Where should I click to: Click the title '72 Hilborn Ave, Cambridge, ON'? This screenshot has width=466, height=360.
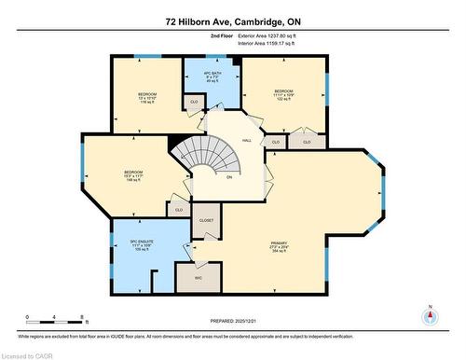[x=232, y=20]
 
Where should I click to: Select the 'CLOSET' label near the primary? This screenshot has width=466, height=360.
[x=207, y=220]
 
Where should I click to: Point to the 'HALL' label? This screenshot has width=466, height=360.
[x=247, y=141]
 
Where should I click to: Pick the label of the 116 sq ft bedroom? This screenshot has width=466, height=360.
[x=147, y=94]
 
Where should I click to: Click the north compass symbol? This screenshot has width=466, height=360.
[x=429, y=315]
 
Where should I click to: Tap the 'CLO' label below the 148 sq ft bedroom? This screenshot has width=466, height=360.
[x=178, y=210]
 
